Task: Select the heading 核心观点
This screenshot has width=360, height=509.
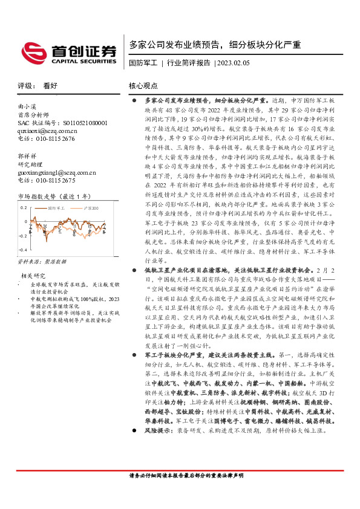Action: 143,86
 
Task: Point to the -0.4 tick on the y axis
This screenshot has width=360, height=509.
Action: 24,250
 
